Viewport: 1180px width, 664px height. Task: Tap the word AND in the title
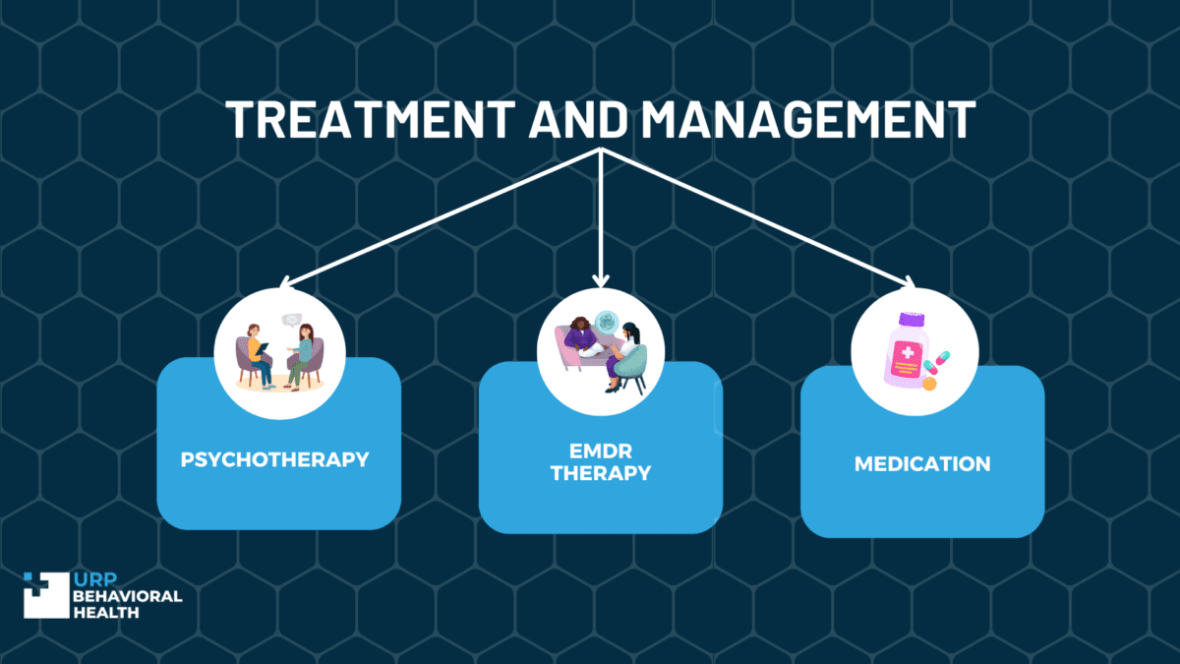tap(578, 119)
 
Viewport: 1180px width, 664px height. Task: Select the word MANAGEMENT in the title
tap(808, 119)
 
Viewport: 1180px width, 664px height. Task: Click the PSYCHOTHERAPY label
tap(274, 460)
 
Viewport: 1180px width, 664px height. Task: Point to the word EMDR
tap(601, 452)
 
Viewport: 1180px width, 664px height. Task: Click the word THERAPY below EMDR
tap(601, 473)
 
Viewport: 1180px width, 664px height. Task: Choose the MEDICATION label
tap(922, 464)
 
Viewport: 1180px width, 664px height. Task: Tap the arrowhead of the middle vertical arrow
tap(601, 281)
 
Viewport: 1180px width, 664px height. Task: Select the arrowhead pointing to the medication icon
tap(909, 282)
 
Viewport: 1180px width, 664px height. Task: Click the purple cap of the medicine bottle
tap(912, 320)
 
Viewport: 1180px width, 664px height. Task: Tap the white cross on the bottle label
tap(907, 352)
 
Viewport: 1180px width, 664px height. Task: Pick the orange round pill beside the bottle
tap(930, 383)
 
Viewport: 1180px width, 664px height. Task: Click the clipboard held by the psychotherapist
tap(262, 349)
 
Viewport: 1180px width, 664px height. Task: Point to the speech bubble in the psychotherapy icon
tap(291, 320)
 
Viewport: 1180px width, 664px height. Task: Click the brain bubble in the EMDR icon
tap(607, 322)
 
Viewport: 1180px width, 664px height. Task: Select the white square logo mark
tap(46, 595)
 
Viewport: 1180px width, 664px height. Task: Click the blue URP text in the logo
tap(95, 579)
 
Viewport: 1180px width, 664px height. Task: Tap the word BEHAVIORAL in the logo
tap(128, 596)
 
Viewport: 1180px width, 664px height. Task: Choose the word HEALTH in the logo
tap(106, 612)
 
